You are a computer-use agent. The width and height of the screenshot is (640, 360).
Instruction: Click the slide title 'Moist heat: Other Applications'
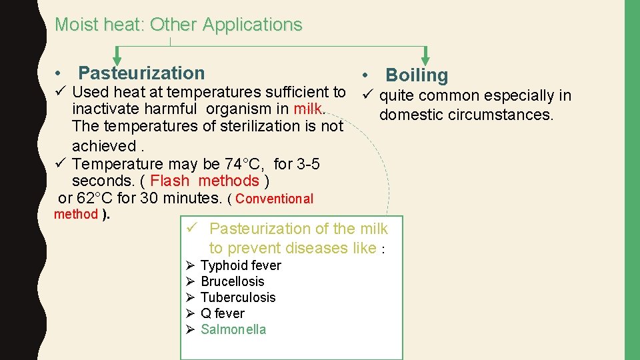point(178,25)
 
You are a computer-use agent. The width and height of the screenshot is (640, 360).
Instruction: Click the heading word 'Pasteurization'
point(141,73)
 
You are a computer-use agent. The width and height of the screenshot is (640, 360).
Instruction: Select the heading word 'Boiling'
point(417,75)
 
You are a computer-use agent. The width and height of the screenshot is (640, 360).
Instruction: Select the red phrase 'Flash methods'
point(205,181)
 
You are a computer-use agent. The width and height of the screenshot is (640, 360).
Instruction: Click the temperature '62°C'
point(85,198)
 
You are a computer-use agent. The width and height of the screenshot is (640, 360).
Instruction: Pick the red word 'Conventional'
point(274,199)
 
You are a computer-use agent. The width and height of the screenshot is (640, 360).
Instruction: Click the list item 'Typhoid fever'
point(241,265)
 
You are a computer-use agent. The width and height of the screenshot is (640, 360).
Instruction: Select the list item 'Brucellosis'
point(232,281)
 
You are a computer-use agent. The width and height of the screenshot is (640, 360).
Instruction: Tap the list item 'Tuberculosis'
point(238,297)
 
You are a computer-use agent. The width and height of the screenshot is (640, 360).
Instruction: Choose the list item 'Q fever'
point(222,313)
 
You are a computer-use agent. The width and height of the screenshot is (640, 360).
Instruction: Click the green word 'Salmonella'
point(233,329)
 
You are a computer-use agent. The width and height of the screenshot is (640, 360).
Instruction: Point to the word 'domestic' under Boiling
point(409,115)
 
